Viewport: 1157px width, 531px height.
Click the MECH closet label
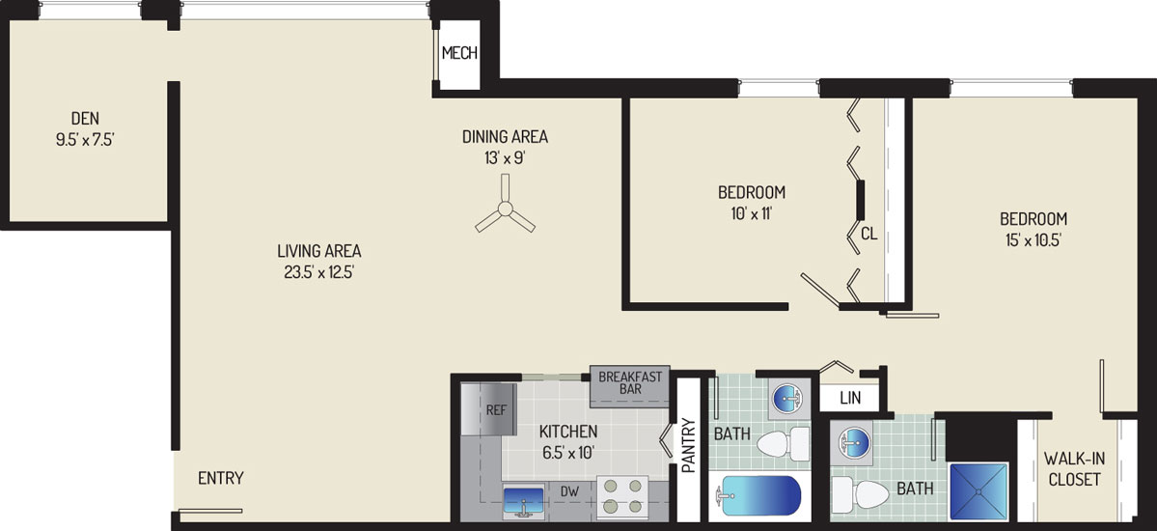tap(459, 53)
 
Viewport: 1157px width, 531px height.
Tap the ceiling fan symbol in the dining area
tap(505, 208)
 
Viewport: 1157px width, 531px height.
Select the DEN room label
tap(85, 118)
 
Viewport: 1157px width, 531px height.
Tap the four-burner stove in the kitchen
tap(621, 495)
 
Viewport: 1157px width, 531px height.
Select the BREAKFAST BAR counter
tap(630, 387)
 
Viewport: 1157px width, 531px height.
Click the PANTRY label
tap(688, 445)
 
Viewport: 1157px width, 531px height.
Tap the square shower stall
tap(978, 491)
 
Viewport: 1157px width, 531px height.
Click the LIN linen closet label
tap(849, 400)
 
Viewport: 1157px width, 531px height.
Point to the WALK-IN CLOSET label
tap(1073, 469)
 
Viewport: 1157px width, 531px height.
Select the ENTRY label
tap(221, 478)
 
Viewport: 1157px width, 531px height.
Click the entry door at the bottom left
tap(210, 511)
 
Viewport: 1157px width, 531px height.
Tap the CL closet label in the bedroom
tap(868, 234)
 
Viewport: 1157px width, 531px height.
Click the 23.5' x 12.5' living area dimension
tap(318, 271)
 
